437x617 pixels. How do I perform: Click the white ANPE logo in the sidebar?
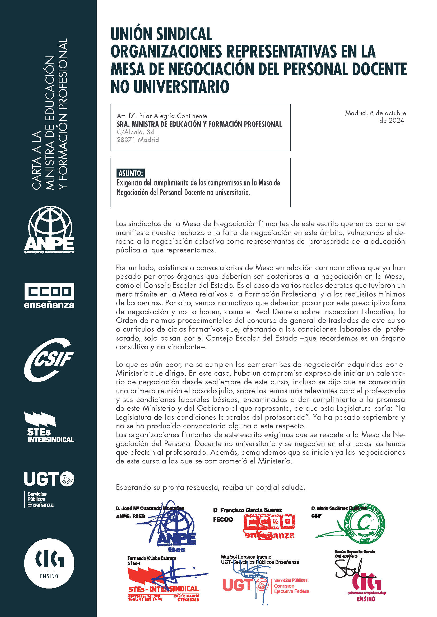[49, 230]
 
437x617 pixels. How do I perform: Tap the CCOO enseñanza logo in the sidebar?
[49, 295]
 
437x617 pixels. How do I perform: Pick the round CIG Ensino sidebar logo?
[49, 563]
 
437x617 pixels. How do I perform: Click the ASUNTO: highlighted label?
[131, 173]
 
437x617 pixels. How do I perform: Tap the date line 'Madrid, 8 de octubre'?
[375, 113]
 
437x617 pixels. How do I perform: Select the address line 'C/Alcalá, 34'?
[135, 132]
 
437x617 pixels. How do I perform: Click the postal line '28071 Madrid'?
[138, 140]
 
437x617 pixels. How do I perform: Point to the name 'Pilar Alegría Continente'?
[173, 116]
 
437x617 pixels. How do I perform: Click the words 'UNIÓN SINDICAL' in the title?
[161, 34]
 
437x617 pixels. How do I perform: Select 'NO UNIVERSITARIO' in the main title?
[170, 87]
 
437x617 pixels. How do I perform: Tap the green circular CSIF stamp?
[365, 524]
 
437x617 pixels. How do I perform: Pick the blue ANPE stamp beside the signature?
[176, 533]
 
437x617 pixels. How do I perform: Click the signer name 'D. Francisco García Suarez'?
[247, 510]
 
